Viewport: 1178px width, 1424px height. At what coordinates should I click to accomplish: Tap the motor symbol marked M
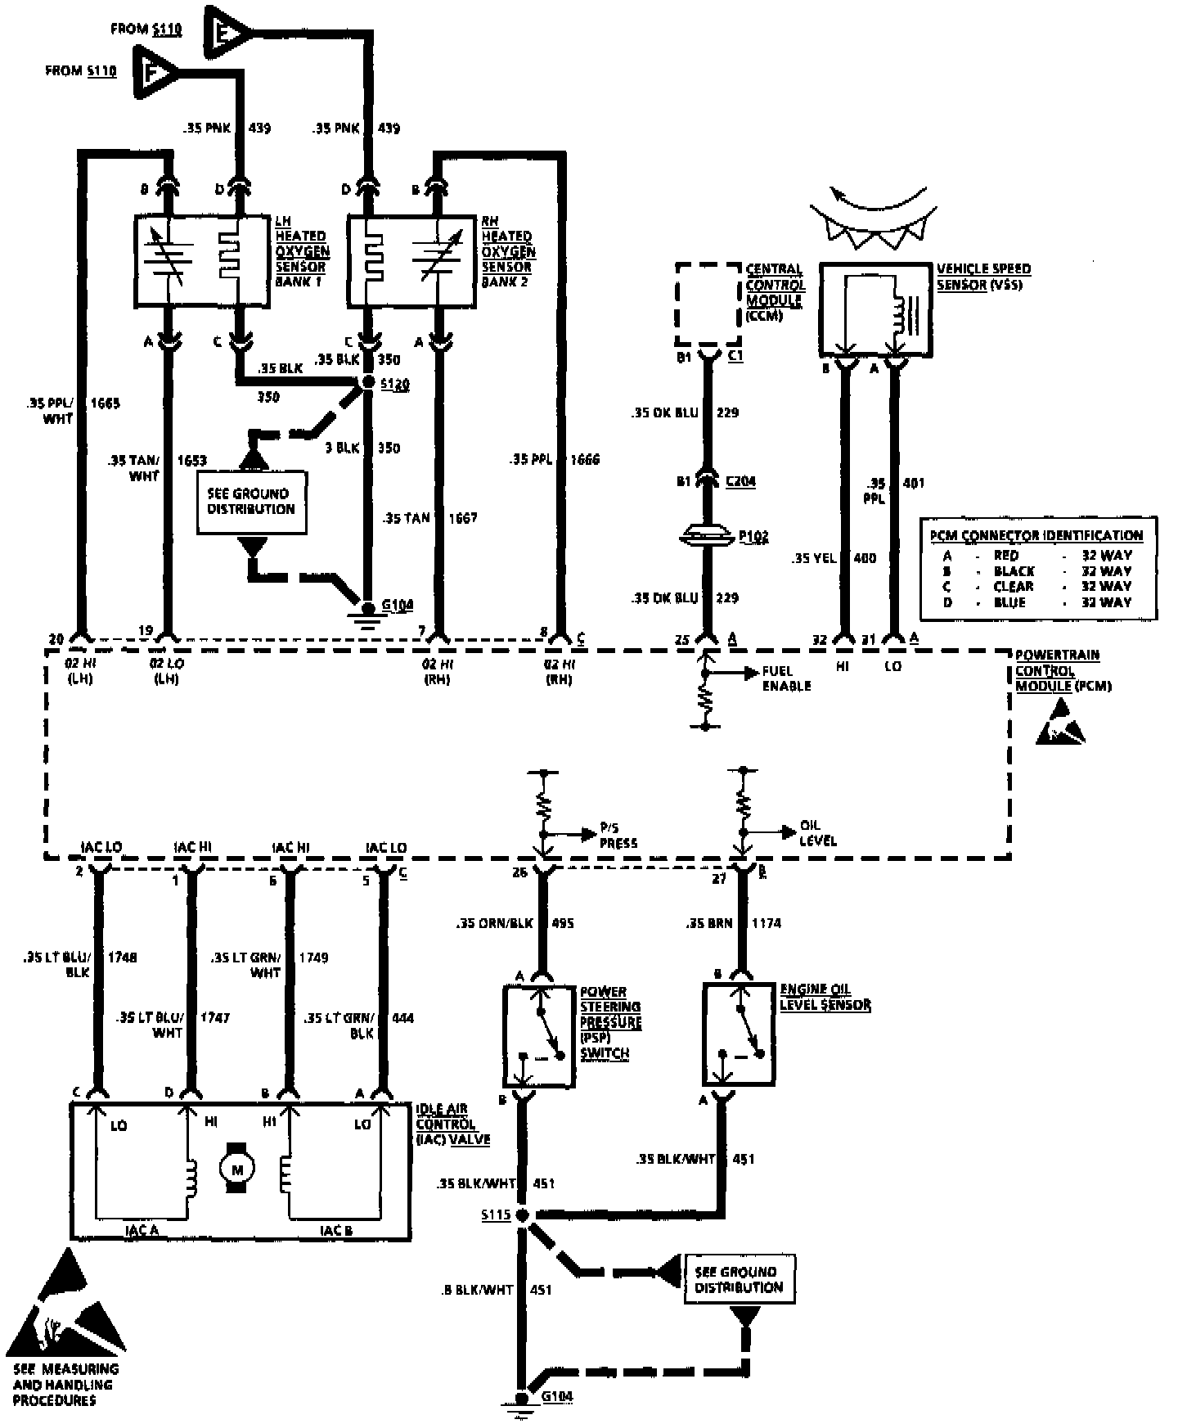[237, 1169]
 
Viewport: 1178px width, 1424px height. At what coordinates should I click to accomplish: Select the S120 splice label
[396, 384]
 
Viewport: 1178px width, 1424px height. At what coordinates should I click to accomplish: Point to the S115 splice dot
[520, 1215]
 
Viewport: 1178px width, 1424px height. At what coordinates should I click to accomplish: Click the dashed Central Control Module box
[708, 304]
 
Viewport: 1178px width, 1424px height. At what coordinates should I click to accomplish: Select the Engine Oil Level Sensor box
[739, 1035]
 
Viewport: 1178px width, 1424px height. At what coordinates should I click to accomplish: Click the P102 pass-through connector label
[753, 536]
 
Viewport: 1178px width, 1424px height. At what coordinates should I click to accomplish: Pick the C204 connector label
[740, 481]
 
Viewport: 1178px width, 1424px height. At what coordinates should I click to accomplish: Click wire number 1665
[105, 403]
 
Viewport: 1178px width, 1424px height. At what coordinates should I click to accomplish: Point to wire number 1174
[766, 923]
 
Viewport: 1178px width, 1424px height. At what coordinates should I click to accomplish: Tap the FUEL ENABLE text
[786, 678]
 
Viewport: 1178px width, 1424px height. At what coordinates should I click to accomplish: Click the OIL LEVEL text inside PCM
[818, 833]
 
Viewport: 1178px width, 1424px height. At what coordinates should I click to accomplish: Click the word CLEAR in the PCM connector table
[1014, 587]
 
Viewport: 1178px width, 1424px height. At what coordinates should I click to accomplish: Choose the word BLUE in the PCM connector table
[1009, 602]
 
